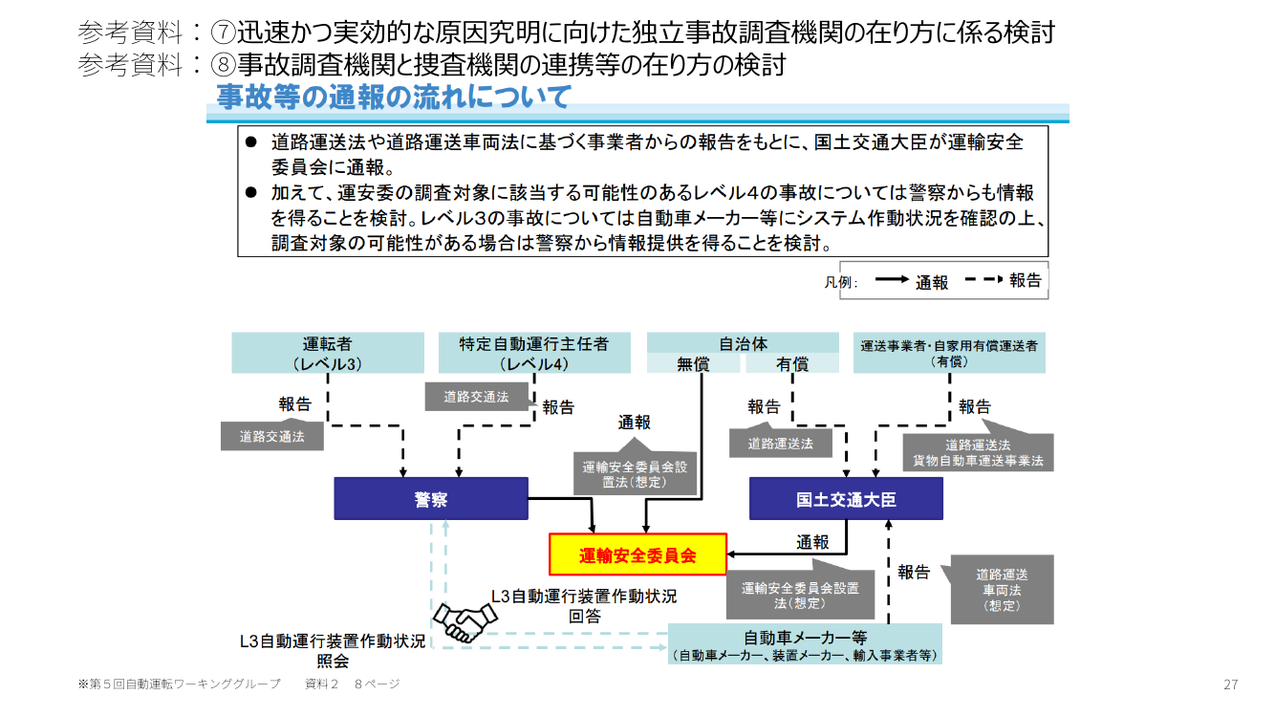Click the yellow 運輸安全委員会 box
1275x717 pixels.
tap(637, 554)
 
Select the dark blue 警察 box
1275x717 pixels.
tap(431, 499)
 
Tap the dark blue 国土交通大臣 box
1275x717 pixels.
tap(846, 499)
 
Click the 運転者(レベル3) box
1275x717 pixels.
tap(328, 353)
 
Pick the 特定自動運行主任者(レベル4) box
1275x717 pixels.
tap(534, 353)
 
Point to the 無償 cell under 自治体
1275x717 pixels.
tap(693, 363)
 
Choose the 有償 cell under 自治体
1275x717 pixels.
tap(792, 363)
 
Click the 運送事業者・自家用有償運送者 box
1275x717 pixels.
tap(949, 353)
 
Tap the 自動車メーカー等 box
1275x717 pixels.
tap(805, 644)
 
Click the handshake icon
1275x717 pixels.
tap(465, 622)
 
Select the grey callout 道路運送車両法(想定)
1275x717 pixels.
tap(1002, 590)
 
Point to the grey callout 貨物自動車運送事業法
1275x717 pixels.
tap(978, 453)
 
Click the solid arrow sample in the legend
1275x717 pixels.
tap(892, 279)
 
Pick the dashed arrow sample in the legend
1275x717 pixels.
tap(984, 279)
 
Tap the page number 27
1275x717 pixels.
tap(1231, 684)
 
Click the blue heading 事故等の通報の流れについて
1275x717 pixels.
tap(394, 97)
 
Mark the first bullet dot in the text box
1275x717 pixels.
tap(251, 141)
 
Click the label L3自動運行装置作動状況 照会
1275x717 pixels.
tap(333, 651)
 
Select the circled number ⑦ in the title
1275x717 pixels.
tap(223, 33)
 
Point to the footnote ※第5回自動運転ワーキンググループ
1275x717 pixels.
tap(180, 684)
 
